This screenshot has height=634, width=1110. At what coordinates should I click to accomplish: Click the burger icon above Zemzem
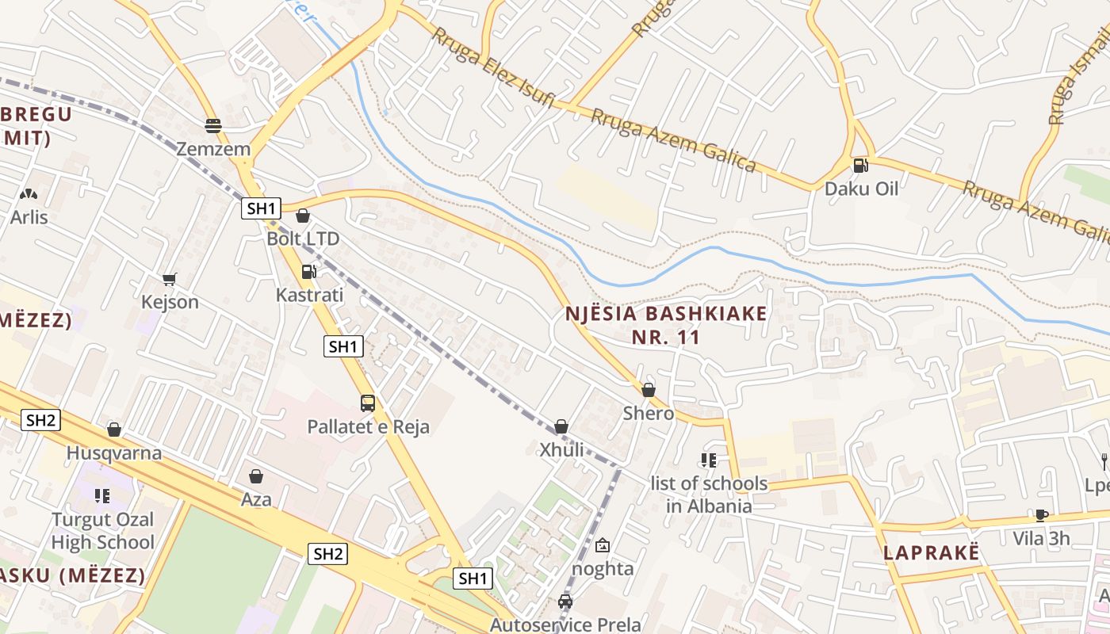212,125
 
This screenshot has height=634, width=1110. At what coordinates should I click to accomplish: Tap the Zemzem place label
213,149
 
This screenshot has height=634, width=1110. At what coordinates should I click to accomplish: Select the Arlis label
29,217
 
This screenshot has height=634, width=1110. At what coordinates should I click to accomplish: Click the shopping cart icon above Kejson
169,279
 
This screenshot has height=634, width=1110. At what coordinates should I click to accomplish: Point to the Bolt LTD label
303,239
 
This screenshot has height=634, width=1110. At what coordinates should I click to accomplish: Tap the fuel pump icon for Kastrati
308,272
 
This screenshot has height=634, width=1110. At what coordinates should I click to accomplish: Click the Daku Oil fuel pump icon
860,166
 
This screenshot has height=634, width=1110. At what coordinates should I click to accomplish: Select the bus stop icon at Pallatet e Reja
368,403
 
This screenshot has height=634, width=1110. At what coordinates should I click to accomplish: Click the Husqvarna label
114,453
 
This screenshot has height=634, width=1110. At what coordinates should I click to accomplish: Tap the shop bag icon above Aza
256,476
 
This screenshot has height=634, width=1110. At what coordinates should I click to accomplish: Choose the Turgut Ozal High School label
103,531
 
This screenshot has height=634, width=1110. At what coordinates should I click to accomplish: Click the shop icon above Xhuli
561,426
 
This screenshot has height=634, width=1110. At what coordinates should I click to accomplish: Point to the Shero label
649,413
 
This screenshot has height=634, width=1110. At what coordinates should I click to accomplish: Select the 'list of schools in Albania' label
709,495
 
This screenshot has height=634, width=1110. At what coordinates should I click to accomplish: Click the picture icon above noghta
603,545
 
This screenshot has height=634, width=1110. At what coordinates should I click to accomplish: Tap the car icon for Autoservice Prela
565,602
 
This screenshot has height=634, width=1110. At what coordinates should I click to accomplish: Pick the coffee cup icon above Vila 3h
1042,515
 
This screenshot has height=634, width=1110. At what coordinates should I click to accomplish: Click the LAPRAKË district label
932,553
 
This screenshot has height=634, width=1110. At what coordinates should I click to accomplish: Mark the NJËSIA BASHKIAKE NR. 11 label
666,325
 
